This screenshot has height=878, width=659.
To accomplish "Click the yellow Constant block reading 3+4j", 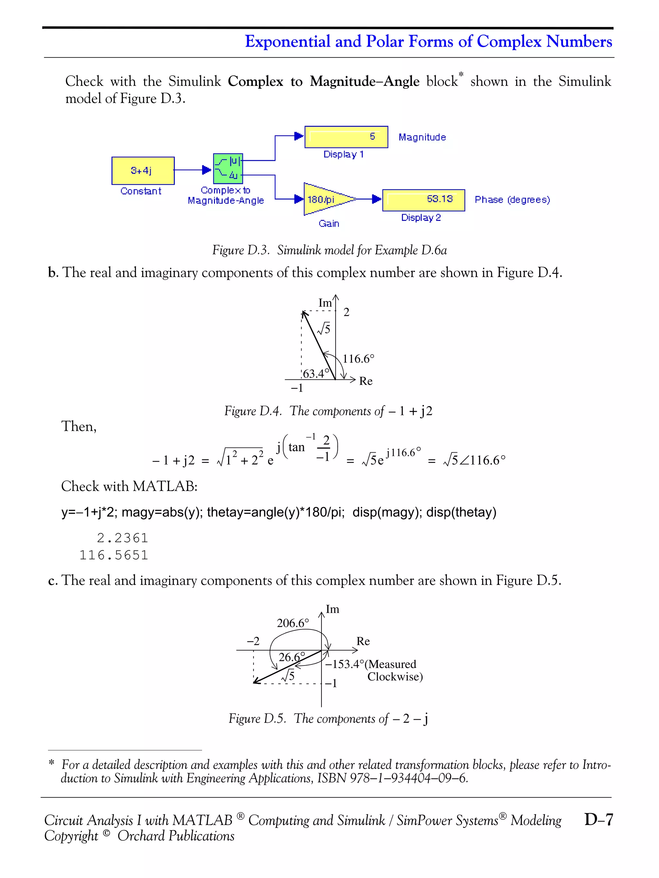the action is tap(143, 171).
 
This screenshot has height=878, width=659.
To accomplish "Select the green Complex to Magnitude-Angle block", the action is tap(227, 168).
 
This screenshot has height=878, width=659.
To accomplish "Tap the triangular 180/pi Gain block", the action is tap(324, 199).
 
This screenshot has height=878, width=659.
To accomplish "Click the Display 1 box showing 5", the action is tap(346, 137).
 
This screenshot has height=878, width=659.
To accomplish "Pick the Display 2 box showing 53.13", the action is tap(423, 200).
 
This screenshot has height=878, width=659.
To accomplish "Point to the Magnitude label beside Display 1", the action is tap(422, 137).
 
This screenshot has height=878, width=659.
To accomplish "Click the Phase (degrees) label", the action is tap(512, 200).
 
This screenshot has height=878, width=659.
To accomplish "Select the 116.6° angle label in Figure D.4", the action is tap(358, 359).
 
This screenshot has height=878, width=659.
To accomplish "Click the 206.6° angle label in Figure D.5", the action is tap(293, 623).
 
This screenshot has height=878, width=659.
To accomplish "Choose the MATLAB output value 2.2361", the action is tap(122, 538).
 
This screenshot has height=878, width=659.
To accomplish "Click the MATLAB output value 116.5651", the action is tap(114, 555).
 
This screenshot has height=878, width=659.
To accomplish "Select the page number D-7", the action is tap(599, 819).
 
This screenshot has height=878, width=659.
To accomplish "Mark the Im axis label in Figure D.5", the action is tap(332, 609).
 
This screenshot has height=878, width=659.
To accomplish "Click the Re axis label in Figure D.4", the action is tap(366, 381).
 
